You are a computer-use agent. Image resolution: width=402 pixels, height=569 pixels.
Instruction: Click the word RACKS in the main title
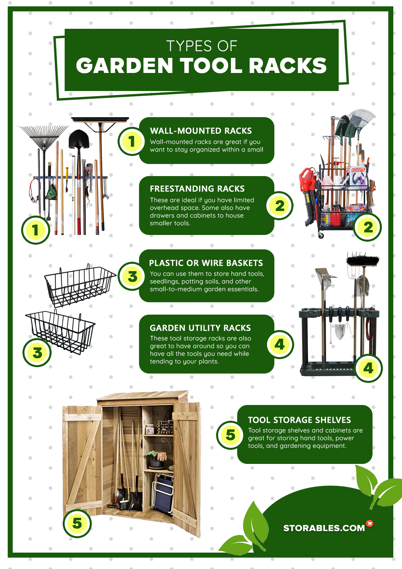coord(288,66)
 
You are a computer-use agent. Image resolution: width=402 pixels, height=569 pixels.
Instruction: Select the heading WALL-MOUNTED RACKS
coord(201,131)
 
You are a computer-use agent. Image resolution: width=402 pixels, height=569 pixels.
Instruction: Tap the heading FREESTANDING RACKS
coord(197,189)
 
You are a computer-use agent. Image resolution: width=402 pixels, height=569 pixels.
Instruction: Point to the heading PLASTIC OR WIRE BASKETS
coord(206,263)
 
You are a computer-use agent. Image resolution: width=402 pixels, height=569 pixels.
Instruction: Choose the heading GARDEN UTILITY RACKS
coord(200,328)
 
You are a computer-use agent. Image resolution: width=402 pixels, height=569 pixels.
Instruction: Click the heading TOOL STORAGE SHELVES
coord(299,420)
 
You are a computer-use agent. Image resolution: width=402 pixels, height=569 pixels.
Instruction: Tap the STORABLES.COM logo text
coord(324,528)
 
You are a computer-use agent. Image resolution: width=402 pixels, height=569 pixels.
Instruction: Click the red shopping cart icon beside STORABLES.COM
coord(370,523)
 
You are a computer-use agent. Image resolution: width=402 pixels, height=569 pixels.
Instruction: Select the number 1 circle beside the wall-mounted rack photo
coord(35,230)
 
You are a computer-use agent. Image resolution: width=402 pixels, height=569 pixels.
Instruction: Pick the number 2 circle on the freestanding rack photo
coord(367,227)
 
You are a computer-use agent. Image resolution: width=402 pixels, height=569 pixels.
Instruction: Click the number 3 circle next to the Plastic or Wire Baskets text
coord(132,276)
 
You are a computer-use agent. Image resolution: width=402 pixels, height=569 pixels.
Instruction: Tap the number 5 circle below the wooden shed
coord(77,523)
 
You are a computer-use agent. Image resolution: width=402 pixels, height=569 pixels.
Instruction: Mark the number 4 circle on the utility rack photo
coord(368,368)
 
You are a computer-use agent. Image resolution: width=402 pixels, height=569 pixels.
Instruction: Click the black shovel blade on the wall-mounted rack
coord(79,139)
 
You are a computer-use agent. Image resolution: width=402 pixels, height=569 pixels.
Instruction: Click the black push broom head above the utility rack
coord(362,260)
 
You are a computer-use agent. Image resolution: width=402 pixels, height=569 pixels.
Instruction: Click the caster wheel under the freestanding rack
coord(321,235)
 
